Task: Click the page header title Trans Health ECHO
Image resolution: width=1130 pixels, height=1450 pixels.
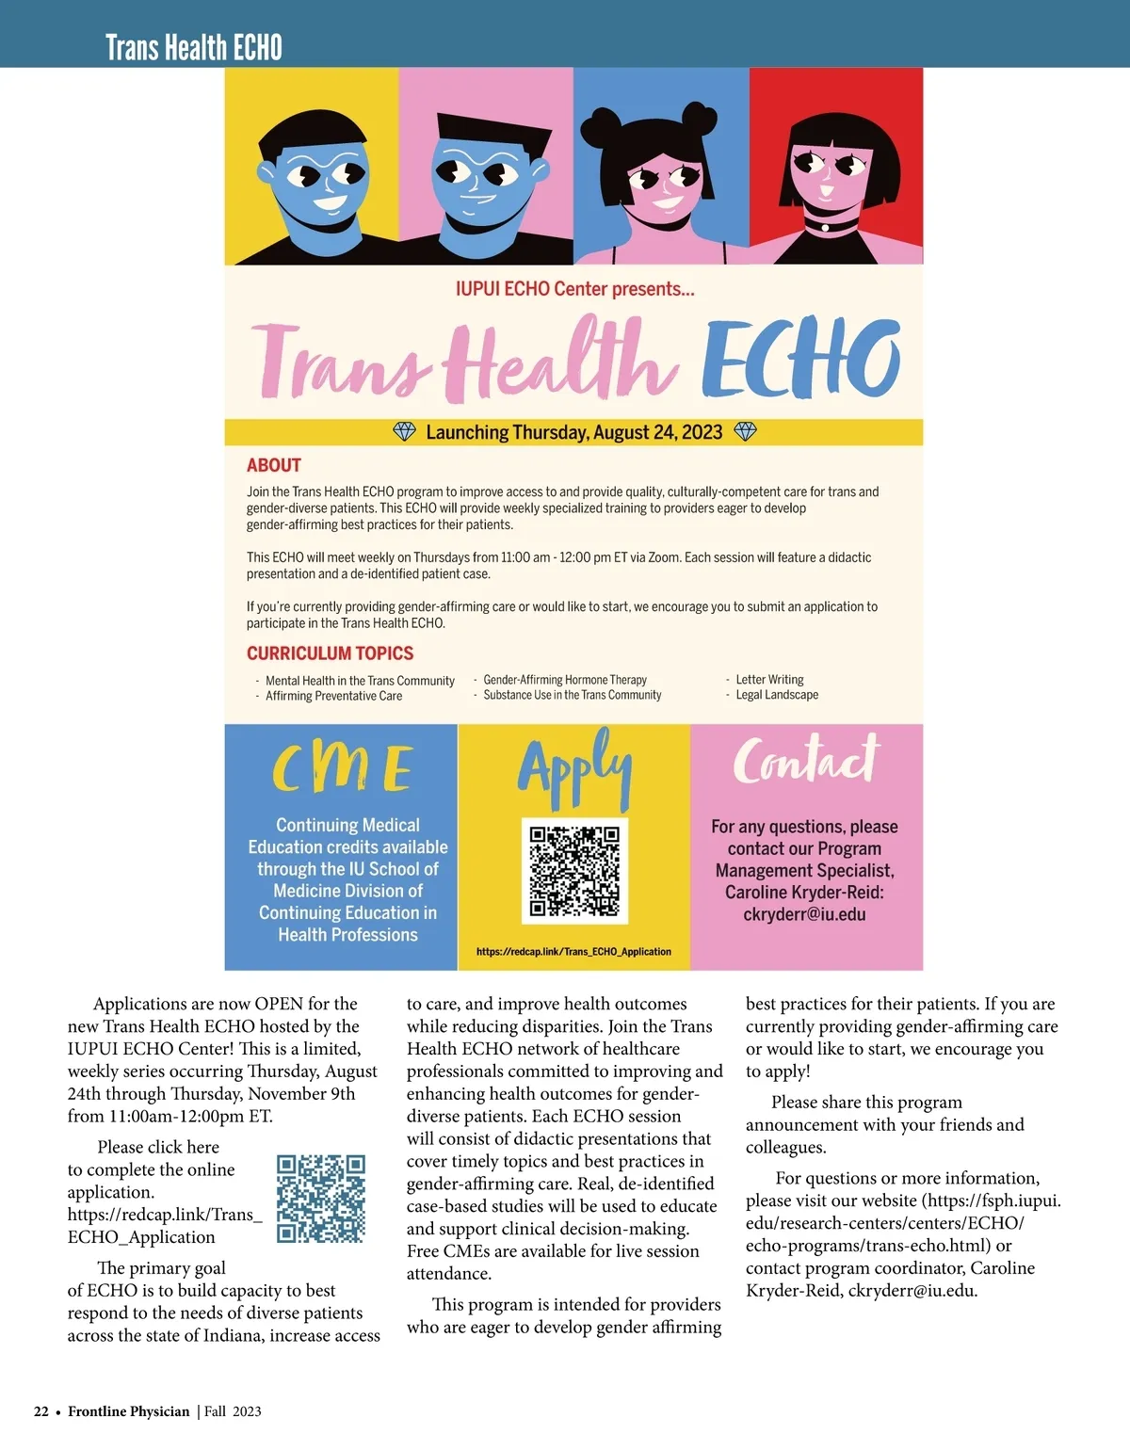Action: (194, 47)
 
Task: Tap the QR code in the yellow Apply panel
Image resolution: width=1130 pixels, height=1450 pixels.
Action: (574, 870)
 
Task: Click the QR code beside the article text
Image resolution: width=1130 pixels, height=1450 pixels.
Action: (321, 1198)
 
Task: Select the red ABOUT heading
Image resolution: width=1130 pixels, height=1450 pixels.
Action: (274, 465)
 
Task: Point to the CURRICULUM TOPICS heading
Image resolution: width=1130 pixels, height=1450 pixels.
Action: (330, 653)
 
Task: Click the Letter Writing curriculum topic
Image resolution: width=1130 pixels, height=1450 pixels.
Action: (769, 680)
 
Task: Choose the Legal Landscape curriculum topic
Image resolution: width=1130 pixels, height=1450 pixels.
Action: (777, 695)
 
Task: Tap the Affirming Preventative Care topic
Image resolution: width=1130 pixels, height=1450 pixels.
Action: (333, 696)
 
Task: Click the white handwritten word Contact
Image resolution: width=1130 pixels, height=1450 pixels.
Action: (806, 761)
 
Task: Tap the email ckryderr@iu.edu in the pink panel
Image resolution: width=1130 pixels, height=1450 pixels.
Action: (804, 914)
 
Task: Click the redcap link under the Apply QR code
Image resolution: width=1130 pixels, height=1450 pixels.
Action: (573, 952)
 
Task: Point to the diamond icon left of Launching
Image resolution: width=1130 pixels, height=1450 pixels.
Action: (404, 432)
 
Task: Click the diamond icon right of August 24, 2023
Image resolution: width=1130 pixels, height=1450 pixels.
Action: (745, 432)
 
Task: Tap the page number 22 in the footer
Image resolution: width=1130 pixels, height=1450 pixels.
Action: (41, 1411)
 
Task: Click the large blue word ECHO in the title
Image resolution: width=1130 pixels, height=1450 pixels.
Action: (800, 361)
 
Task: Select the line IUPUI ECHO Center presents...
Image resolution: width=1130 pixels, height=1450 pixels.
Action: (574, 289)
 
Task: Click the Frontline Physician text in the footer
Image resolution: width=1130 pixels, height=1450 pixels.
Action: (129, 1411)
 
